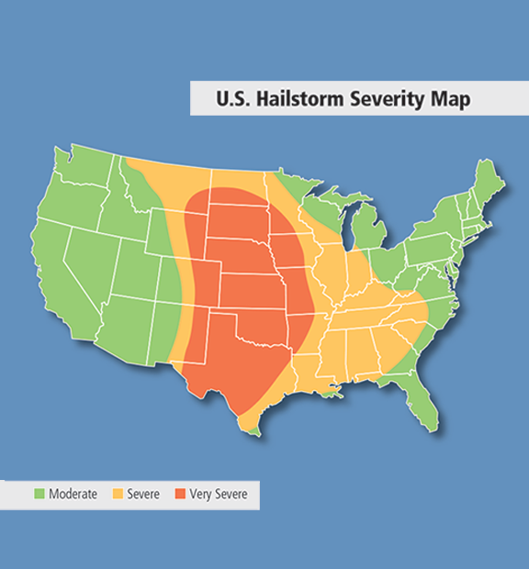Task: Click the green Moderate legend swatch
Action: pyautogui.click(x=39, y=495)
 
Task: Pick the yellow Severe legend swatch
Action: pyautogui.click(x=119, y=495)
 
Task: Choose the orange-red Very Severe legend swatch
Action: pyautogui.click(x=181, y=495)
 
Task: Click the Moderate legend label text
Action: pyautogui.click(x=73, y=495)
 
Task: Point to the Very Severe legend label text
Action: pyautogui.click(x=218, y=495)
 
